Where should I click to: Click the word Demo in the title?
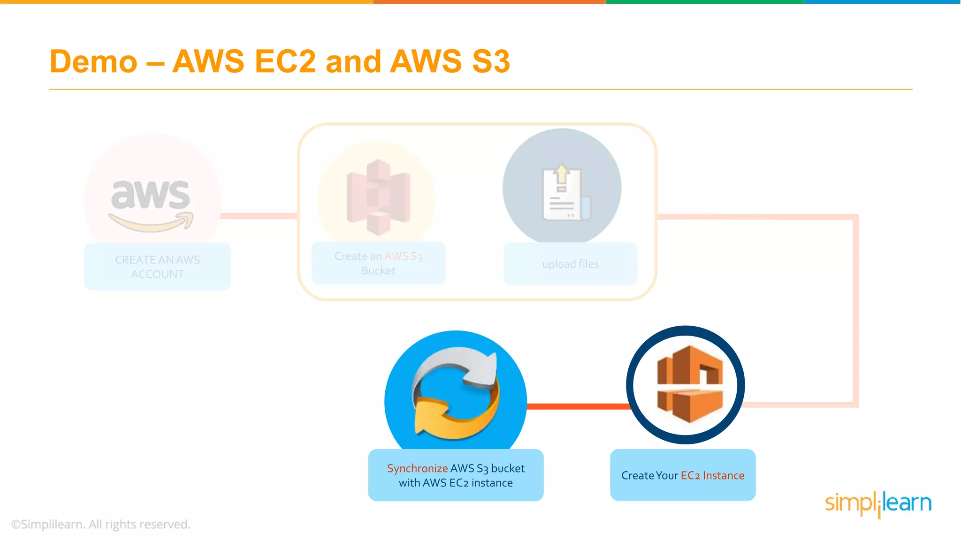(93, 62)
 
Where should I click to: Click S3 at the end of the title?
(491, 62)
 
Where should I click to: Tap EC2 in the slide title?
(285, 62)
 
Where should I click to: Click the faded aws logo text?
(151, 195)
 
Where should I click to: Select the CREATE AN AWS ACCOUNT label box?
(157, 267)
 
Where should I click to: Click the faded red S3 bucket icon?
(378, 197)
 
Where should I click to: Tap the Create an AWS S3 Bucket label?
(378, 263)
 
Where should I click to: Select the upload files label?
(570, 264)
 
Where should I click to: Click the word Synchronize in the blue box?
(417, 468)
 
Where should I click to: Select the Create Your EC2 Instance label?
(683, 475)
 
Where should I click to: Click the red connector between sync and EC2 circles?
(577, 406)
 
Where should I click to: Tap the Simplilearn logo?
(878, 503)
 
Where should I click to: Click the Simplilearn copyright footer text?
(100, 524)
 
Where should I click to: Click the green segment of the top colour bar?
(704, 2)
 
